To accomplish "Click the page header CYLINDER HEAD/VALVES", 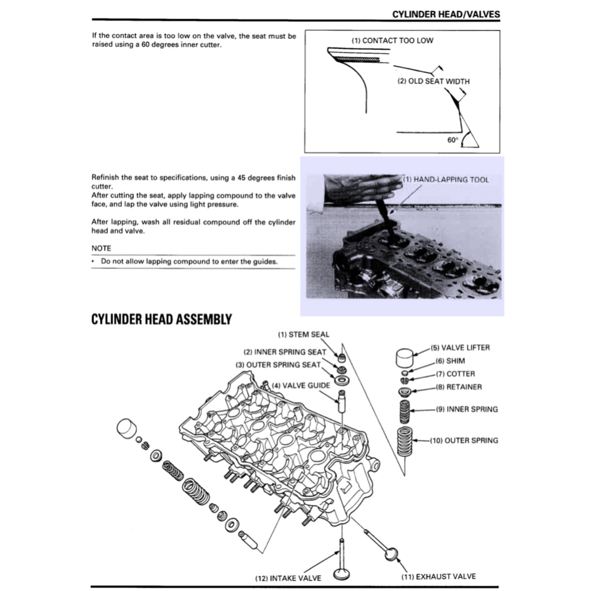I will pyautogui.click(x=446, y=14).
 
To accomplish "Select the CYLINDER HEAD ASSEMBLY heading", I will pyautogui.click(x=162, y=319).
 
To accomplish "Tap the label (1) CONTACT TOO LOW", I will pyautogui.click(x=392, y=40).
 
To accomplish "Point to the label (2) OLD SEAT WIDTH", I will pyautogui.click(x=433, y=81).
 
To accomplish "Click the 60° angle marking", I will pyautogui.click(x=452, y=140).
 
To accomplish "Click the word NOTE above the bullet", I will pyautogui.click(x=102, y=248).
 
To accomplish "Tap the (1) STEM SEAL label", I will pyautogui.click(x=304, y=334).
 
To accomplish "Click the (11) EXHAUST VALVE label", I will pyautogui.click(x=439, y=576).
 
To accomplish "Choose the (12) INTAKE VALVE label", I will pyautogui.click(x=288, y=578).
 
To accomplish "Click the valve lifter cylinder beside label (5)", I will pyautogui.click(x=407, y=358).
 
